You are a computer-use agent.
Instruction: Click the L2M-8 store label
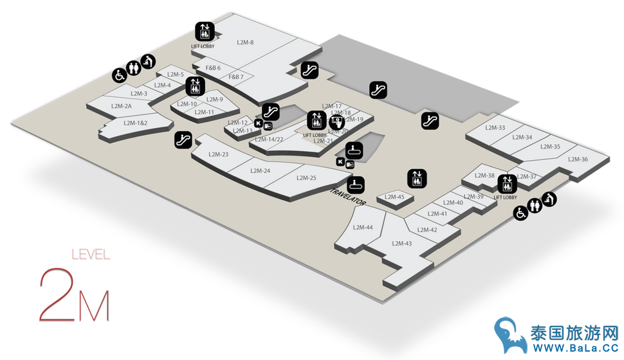[x=245, y=42]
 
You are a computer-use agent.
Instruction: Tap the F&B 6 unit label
[x=213, y=67]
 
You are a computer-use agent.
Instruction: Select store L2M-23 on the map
[x=219, y=154]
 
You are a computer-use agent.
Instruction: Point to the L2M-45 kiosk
[x=394, y=197]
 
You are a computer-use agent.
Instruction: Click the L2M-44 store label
[x=363, y=227]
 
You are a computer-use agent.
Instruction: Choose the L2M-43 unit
[x=401, y=243]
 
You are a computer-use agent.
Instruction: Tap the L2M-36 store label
[x=577, y=159]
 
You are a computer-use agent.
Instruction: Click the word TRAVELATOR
[x=348, y=197]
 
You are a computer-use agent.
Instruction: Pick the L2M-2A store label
[x=121, y=106]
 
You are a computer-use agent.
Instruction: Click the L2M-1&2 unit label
[x=136, y=123]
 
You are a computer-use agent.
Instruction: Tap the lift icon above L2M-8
[x=205, y=30]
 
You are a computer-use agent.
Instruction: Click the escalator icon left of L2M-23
[x=183, y=139]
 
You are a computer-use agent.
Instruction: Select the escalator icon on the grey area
[x=378, y=90]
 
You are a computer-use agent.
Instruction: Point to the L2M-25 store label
[x=305, y=177]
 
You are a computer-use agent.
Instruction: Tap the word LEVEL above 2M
[x=90, y=255]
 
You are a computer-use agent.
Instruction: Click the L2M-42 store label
[x=427, y=230]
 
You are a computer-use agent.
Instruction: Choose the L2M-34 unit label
[x=522, y=137]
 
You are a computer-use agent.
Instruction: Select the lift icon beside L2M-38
[x=507, y=184]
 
